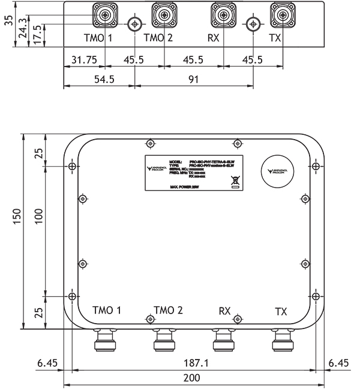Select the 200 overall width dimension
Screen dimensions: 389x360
(x=191, y=378)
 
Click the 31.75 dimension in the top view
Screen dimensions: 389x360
(x=83, y=61)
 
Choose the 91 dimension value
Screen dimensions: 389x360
(x=193, y=79)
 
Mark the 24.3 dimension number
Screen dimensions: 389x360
(x=22, y=28)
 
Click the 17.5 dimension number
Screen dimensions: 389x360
(x=38, y=31)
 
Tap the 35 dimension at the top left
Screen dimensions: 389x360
(x=7, y=23)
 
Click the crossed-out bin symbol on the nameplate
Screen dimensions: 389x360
(x=235, y=179)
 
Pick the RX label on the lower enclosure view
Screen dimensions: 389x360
(x=224, y=311)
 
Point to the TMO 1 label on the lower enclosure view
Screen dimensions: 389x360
(x=107, y=310)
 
